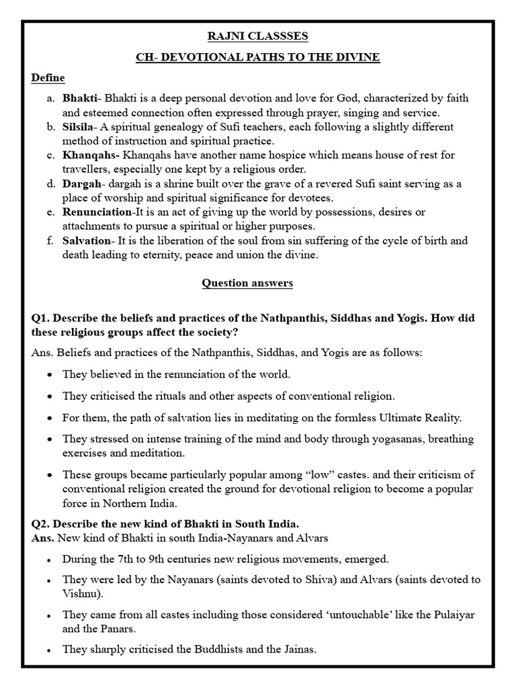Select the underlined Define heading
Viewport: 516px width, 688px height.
[x=48, y=78]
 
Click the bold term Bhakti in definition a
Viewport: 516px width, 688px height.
[x=79, y=98]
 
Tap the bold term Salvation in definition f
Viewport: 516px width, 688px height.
[x=85, y=241]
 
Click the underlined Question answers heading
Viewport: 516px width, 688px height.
[x=247, y=283]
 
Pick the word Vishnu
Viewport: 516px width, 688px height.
[x=80, y=594]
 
